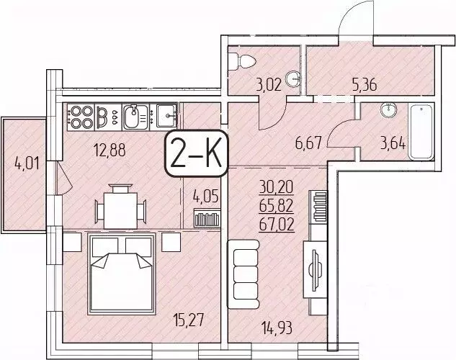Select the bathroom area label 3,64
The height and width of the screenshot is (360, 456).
pos(393,141)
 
